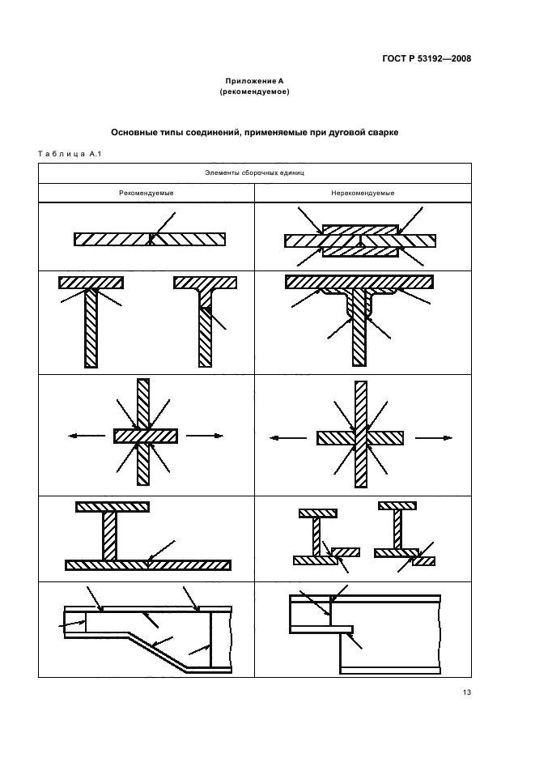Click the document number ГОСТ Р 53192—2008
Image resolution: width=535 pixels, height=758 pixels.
(x=427, y=58)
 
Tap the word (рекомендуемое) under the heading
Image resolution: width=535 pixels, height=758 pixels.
(x=254, y=92)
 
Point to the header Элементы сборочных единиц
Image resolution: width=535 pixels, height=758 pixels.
(x=254, y=172)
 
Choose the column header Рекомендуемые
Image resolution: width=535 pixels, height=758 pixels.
(x=146, y=193)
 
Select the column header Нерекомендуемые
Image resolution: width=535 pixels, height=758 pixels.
(x=363, y=193)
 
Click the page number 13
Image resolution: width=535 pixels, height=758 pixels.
(x=466, y=692)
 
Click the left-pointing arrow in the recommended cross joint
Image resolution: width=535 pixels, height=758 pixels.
(x=87, y=436)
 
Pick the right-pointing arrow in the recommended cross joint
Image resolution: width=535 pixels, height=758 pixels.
(x=205, y=436)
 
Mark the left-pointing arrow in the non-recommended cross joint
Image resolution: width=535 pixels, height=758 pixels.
(x=288, y=438)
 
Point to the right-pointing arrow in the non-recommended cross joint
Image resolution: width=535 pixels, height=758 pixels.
(x=434, y=438)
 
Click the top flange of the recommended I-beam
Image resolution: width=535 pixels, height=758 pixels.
(x=113, y=507)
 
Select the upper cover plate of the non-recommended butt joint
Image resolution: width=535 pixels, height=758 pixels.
(x=360, y=230)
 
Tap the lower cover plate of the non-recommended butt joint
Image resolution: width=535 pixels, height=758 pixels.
(x=360, y=252)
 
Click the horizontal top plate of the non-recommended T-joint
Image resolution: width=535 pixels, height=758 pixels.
(x=359, y=281)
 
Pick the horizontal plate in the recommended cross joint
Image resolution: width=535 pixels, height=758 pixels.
(x=146, y=436)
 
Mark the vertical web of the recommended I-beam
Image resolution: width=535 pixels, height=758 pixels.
(x=110, y=536)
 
